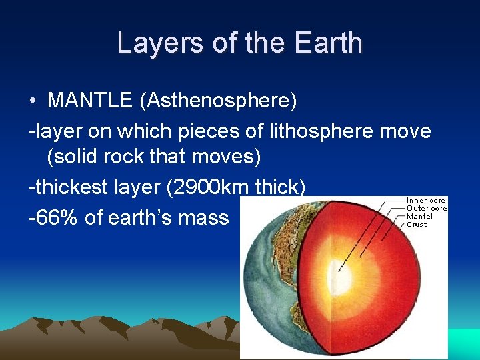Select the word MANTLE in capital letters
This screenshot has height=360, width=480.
coord(90,101)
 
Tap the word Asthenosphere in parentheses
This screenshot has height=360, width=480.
coord(217,101)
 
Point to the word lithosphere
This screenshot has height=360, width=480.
coord(314,131)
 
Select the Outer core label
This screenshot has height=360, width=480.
coord(427,209)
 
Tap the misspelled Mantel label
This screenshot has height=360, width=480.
coord(419,216)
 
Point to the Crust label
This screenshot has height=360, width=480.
coord(417,224)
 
